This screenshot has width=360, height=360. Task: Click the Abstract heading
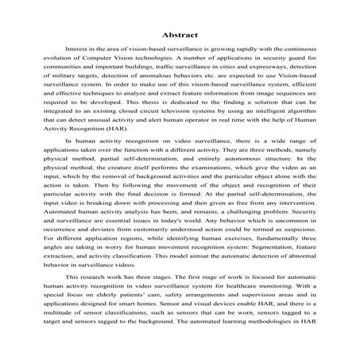[x=180, y=35]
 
